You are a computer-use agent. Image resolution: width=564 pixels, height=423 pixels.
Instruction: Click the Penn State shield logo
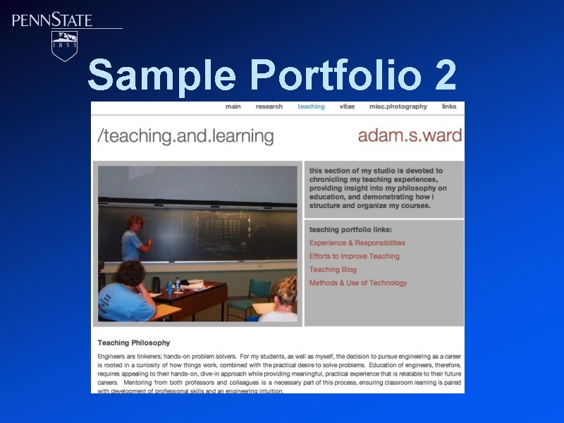pos(65,45)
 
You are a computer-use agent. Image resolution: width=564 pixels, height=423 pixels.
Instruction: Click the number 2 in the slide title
pos(446,75)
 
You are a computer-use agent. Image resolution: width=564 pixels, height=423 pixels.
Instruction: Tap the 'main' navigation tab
pos(233,107)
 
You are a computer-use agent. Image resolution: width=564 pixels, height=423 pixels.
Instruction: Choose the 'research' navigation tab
pos(269,107)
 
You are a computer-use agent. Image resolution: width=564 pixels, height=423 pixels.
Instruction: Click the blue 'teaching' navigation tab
pos(311,107)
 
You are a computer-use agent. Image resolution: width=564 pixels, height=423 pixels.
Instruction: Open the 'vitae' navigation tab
pos(347,107)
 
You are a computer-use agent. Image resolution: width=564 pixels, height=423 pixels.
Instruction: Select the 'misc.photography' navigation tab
pos(398,107)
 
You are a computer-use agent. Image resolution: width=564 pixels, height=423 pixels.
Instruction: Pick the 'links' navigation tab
pos(449,107)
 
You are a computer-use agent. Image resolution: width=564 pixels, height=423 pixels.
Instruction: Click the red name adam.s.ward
pos(410,135)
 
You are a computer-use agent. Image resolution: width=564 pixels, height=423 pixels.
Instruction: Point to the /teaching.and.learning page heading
pos(185,136)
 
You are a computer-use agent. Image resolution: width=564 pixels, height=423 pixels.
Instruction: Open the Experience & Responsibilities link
pos(357,243)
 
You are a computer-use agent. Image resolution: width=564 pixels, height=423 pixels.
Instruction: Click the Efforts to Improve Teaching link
pos(354,257)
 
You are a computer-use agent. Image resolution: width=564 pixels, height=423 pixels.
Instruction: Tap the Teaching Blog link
pos(333,270)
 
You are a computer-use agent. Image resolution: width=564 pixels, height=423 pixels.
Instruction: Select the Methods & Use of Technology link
pos(358,283)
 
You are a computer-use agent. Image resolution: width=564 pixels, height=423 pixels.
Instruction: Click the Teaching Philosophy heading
pos(133,343)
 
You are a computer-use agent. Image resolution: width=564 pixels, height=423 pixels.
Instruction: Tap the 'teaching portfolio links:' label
pos(350,230)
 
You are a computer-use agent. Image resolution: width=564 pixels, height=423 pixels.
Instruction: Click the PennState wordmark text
pos(52,20)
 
